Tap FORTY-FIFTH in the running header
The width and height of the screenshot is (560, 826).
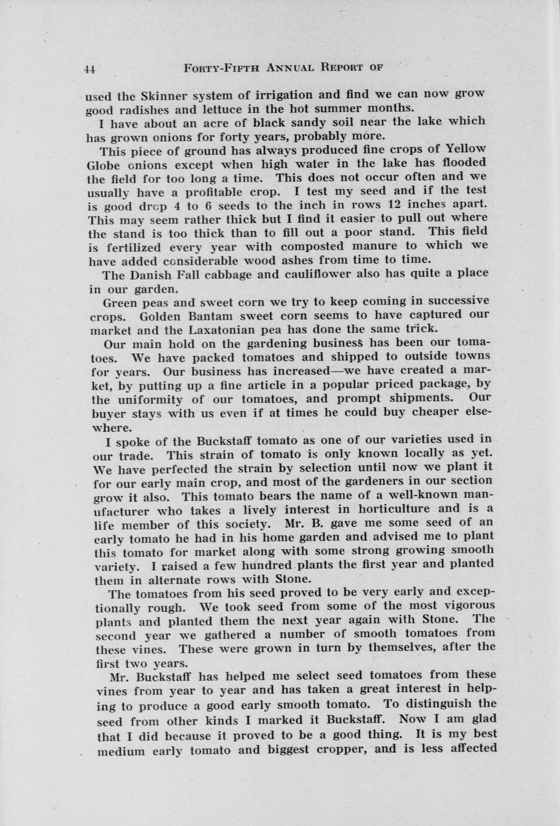[219, 68]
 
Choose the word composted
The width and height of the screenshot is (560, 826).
[312, 246]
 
